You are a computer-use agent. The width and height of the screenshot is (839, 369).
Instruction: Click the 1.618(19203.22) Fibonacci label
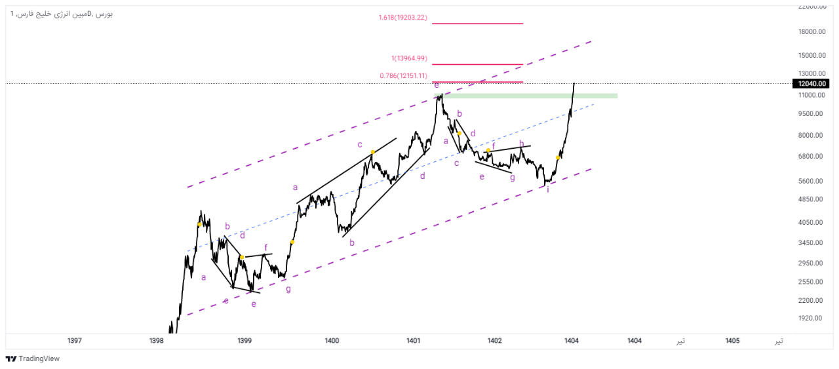tap(402, 18)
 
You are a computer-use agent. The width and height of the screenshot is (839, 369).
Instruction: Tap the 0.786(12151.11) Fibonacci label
tap(403, 76)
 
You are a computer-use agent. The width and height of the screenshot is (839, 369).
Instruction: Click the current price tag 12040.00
tap(810, 83)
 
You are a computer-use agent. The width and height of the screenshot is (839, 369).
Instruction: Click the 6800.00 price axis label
tap(811, 156)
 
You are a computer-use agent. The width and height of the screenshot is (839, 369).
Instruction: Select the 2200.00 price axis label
tap(811, 300)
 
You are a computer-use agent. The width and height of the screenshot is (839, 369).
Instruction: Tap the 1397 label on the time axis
tap(75, 341)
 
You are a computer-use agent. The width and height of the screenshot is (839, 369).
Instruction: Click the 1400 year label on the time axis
tap(332, 341)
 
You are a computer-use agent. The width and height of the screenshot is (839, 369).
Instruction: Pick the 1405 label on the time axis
tap(733, 341)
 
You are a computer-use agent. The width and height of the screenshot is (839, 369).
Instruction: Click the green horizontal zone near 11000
tap(524, 96)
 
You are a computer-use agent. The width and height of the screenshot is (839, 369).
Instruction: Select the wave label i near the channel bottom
tap(547, 189)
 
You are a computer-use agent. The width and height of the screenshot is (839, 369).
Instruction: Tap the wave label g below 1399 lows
tap(288, 288)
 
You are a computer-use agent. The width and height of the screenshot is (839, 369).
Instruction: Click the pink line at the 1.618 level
tap(477, 24)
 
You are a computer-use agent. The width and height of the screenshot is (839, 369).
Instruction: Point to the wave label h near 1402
tap(522, 144)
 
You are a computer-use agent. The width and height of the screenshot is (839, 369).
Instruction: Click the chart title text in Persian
tap(62, 13)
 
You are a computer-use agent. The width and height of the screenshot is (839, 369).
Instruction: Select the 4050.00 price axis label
tap(811, 222)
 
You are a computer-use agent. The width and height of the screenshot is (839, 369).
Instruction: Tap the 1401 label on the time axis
tap(413, 341)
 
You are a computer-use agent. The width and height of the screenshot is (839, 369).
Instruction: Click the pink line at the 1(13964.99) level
tap(477, 64)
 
